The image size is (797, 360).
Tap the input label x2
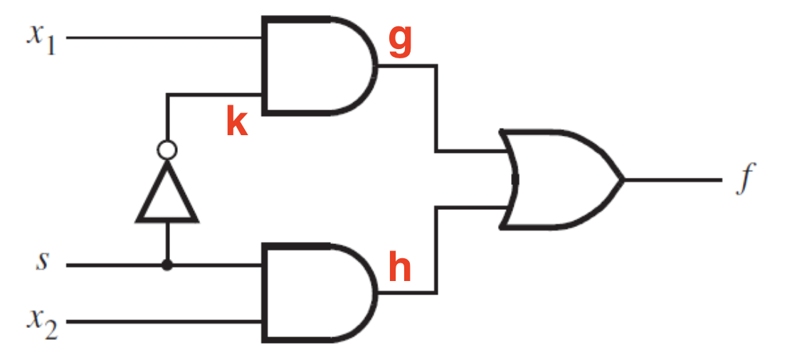click(x=43, y=323)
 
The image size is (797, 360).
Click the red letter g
click(x=399, y=42)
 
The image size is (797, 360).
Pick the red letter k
click(x=237, y=122)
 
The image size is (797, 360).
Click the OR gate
click(x=561, y=179)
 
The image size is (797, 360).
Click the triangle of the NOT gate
click(x=167, y=191)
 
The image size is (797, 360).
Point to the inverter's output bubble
click(x=167, y=150)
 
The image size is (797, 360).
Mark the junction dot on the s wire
click(x=167, y=265)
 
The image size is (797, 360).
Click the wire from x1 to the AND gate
click(x=164, y=38)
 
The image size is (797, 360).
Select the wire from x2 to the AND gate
click(x=164, y=322)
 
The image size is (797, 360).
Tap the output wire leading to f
click(x=672, y=179)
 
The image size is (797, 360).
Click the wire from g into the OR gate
click(x=436, y=108)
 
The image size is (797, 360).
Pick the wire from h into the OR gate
click(x=436, y=250)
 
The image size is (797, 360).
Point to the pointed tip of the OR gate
click(x=623, y=179)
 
